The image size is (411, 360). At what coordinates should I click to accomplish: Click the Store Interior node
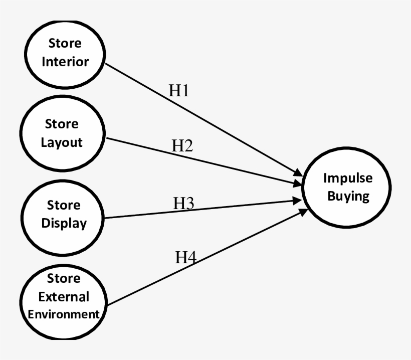pyautogui.click(x=65, y=52)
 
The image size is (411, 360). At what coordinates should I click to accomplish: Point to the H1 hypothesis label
pyautogui.click(x=178, y=90)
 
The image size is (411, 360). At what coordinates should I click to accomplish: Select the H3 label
pyautogui.click(x=183, y=203)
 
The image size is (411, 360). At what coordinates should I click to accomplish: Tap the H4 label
pyautogui.click(x=185, y=258)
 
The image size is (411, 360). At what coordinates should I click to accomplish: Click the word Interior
pyautogui.click(x=65, y=62)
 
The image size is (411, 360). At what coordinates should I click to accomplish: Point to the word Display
pyautogui.click(x=64, y=223)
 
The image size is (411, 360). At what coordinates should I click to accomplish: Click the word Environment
pyautogui.click(x=63, y=314)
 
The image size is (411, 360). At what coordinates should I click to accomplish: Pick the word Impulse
pyautogui.click(x=348, y=178)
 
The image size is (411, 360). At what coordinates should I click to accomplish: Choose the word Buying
pyautogui.click(x=348, y=196)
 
